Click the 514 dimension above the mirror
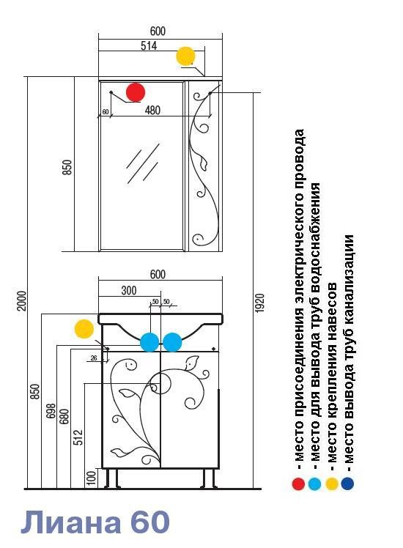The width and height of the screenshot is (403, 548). (x=149, y=45)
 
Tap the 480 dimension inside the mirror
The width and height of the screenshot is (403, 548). (x=152, y=110)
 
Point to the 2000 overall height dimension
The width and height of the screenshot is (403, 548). (x=22, y=300)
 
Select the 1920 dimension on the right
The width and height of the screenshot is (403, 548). (x=259, y=303)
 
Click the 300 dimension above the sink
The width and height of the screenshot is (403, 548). (x=129, y=290)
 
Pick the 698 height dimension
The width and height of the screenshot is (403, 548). (x=51, y=412)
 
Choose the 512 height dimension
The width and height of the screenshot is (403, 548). (x=78, y=437)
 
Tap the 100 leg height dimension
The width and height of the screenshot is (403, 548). (x=91, y=478)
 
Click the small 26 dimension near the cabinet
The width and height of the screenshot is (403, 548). (x=94, y=358)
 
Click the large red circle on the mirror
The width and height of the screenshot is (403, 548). (x=136, y=92)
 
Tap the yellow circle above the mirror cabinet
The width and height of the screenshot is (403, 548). (x=185, y=56)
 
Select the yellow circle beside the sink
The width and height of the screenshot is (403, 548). (x=84, y=329)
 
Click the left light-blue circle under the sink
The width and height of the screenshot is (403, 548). (x=149, y=342)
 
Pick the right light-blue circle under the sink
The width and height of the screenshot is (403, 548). (x=172, y=342)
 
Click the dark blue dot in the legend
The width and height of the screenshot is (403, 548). (x=347, y=484)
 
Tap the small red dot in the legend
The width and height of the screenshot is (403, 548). (x=298, y=484)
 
